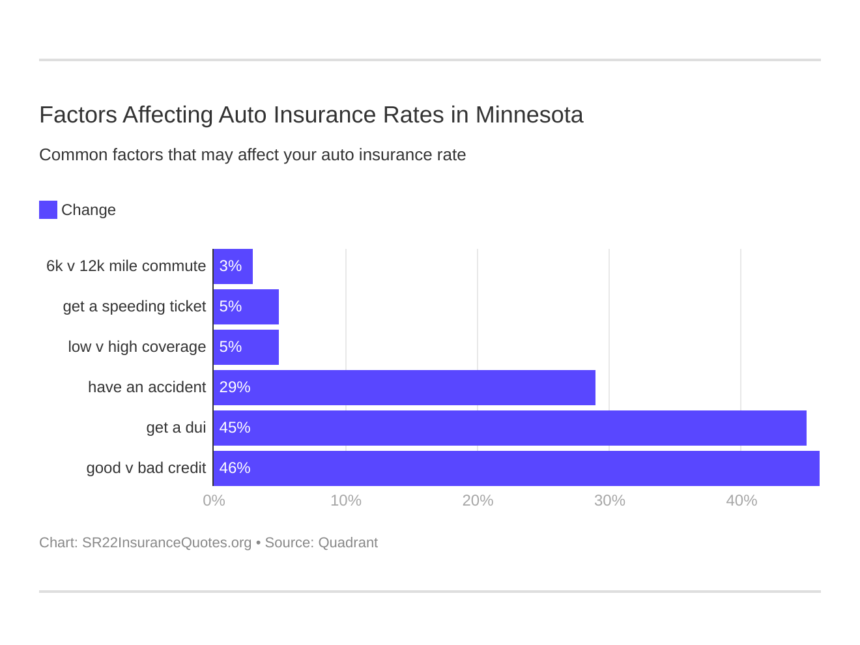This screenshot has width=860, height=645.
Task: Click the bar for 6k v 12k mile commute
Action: pyautogui.click(x=233, y=266)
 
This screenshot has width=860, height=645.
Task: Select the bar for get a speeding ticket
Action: pyautogui.click(x=246, y=307)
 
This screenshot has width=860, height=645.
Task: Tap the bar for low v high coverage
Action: pyautogui.click(x=246, y=347)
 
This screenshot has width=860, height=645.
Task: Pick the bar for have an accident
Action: pyautogui.click(x=404, y=388)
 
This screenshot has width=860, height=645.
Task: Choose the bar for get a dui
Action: pyautogui.click(x=509, y=428)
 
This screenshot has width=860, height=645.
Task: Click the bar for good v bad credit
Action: pyautogui.click(x=516, y=468)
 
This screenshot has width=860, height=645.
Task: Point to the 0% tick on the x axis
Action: pyautogui.click(x=214, y=500)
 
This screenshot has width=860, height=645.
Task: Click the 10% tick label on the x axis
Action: pyautogui.click(x=345, y=500)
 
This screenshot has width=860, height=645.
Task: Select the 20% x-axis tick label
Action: pyautogui.click(x=478, y=500)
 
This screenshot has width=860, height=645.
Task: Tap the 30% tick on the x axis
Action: pyautogui.click(x=609, y=500)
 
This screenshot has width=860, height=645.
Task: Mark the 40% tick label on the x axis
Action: pyautogui.click(x=741, y=500)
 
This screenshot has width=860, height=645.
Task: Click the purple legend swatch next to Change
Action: pyautogui.click(x=48, y=210)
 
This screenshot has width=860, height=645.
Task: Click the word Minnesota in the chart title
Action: pyautogui.click(x=529, y=115)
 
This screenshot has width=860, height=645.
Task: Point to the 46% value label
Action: pyautogui.click(x=235, y=468)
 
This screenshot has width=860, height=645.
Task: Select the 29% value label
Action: pyautogui.click(x=235, y=388)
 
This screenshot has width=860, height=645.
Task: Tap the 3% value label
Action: pyautogui.click(x=231, y=266)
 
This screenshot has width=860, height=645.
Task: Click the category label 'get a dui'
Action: pyautogui.click(x=176, y=428)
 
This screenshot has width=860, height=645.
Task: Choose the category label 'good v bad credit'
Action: pyautogui.click(x=146, y=468)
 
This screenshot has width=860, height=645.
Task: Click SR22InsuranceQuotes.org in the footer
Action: pyautogui.click(x=167, y=543)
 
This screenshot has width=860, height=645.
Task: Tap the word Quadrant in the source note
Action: pyautogui.click(x=348, y=543)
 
